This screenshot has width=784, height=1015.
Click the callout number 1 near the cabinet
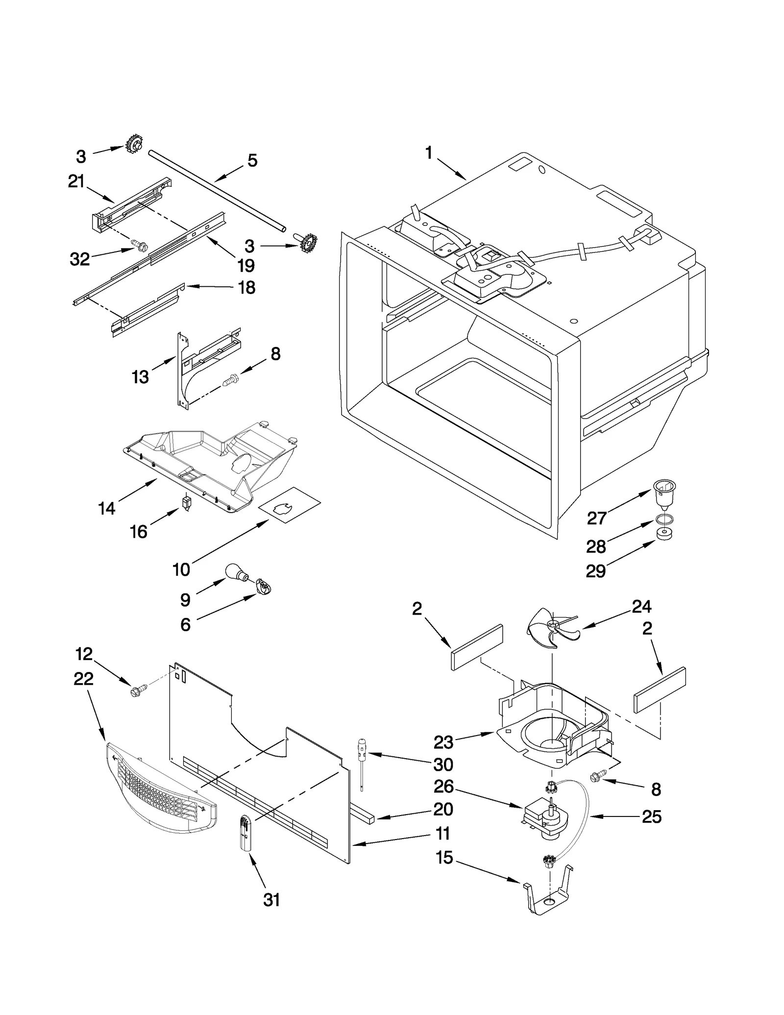click(429, 153)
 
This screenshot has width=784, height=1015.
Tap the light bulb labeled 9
click(235, 572)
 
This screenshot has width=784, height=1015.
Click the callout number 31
click(271, 900)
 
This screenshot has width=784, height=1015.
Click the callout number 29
click(596, 571)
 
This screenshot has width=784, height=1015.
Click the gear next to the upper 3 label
click(134, 144)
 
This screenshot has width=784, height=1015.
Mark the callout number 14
click(107, 508)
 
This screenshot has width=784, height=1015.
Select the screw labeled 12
click(135, 693)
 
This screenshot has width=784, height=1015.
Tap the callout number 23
click(443, 743)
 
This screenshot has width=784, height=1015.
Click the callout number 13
click(140, 377)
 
